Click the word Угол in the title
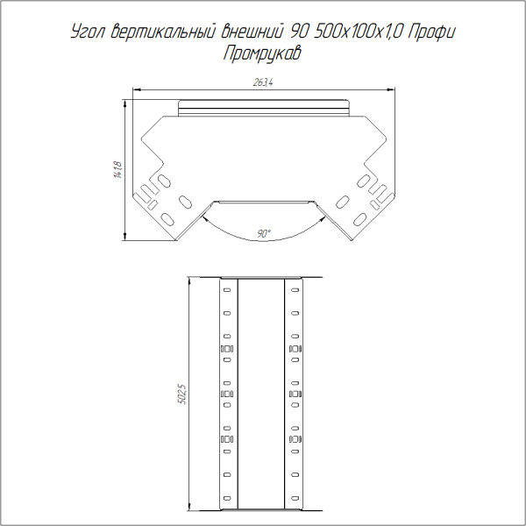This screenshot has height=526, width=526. coord(89,33)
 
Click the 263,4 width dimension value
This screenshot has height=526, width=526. coord(263,82)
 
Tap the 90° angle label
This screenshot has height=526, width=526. coord(264,233)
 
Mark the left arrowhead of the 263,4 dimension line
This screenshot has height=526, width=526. coord(137,89)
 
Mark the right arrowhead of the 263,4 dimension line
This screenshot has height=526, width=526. coord(388,89)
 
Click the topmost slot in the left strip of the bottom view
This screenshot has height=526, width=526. coord(226,290)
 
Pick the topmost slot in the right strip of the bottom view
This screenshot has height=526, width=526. coord(295,290)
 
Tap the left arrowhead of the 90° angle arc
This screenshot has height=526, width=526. coord(203,220)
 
